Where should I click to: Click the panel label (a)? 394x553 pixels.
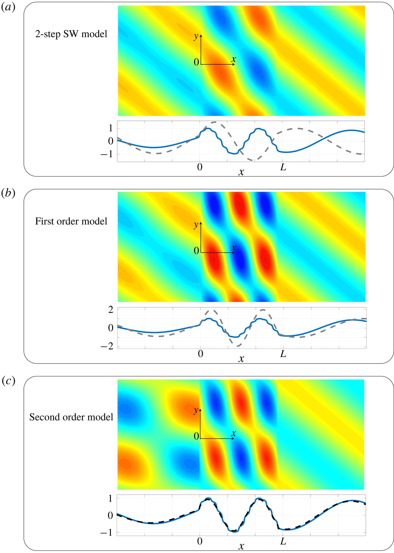(8, 7)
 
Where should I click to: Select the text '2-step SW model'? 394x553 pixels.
(71, 34)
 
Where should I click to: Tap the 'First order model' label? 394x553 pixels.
(71, 221)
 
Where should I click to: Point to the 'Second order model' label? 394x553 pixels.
(71, 417)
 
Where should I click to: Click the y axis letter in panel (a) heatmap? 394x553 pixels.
(196, 36)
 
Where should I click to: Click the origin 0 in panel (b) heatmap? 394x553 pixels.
(196, 251)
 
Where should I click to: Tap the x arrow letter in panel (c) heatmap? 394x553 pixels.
(233, 433)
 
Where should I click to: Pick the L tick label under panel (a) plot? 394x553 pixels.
(283, 167)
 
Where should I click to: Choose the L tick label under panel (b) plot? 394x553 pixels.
(283, 354)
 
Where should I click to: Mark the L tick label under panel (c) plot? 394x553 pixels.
(283, 541)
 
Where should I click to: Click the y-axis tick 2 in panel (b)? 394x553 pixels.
(111, 310)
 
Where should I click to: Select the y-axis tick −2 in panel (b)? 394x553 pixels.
(108, 346)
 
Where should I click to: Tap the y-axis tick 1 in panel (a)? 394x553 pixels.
(111, 128)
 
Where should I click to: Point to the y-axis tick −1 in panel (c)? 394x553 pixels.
(108, 533)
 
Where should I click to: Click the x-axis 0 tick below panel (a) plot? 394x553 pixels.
(200, 167)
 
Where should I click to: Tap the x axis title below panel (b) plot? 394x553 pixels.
(241, 359)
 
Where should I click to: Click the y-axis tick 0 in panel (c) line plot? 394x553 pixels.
(111, 515)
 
